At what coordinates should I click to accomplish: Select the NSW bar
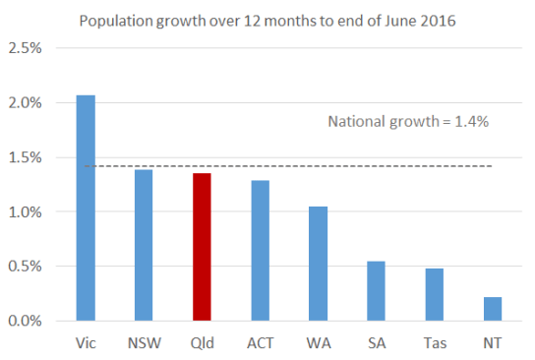144,245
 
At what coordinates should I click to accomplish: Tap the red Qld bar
202,247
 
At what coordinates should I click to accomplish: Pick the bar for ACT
260,251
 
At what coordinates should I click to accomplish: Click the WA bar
318,264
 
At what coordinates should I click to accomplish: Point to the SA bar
376,291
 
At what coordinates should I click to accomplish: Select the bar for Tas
434,294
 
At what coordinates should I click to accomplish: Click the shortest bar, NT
492,309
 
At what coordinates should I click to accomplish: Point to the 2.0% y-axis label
25,102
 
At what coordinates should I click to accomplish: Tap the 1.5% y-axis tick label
25,157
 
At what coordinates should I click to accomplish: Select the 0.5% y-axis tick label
25,267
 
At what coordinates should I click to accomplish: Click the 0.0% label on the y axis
25,321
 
